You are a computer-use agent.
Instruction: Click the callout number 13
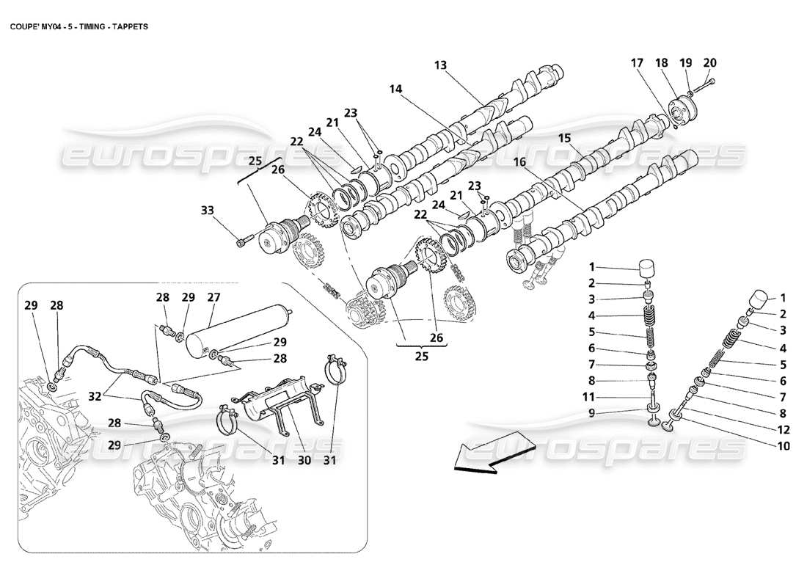[x=440, y=65]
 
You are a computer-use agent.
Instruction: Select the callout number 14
[x=395, y=89]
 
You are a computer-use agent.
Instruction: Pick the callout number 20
[x=709, y=63]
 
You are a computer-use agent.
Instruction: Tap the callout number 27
[x=213, y=298]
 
